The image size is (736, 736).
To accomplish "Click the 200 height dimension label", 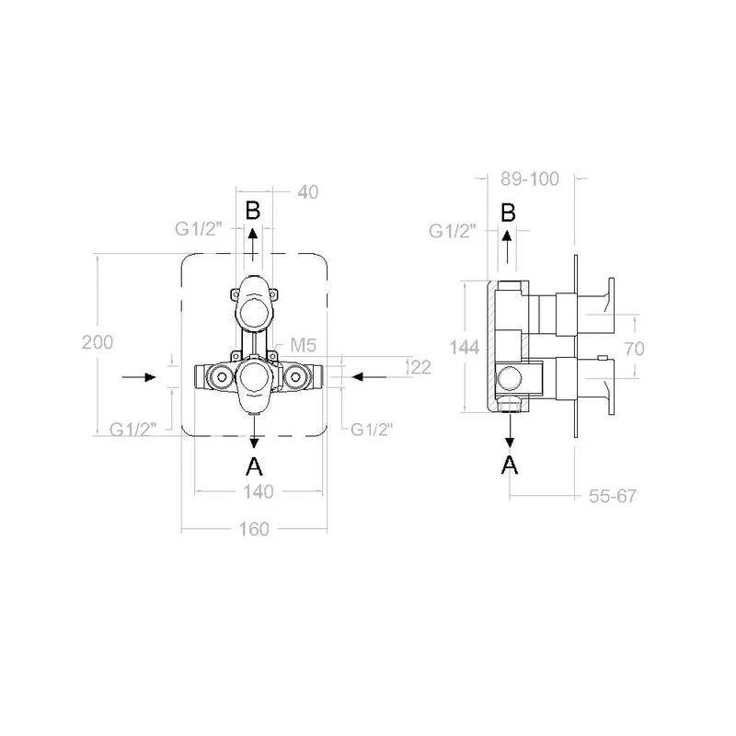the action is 98,342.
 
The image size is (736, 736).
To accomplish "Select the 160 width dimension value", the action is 254,529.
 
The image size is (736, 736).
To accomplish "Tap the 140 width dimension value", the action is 259,491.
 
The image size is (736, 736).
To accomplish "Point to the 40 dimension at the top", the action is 308,192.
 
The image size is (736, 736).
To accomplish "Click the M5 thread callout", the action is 304,345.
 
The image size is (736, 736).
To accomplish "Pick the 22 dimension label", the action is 420,367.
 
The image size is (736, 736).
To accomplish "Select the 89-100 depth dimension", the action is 530,178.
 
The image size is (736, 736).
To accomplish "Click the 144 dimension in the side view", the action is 465,348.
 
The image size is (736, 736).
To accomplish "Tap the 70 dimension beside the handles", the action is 634,349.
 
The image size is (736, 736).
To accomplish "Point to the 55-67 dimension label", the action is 613,496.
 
